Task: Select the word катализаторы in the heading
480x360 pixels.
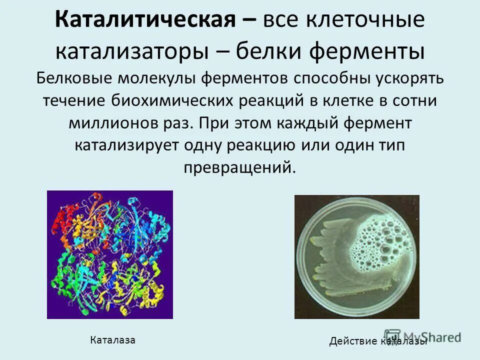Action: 137,51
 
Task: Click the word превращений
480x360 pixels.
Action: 240,167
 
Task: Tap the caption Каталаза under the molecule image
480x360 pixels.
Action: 112,340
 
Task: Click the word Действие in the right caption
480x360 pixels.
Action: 353,341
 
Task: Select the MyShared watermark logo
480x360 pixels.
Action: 422,336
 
